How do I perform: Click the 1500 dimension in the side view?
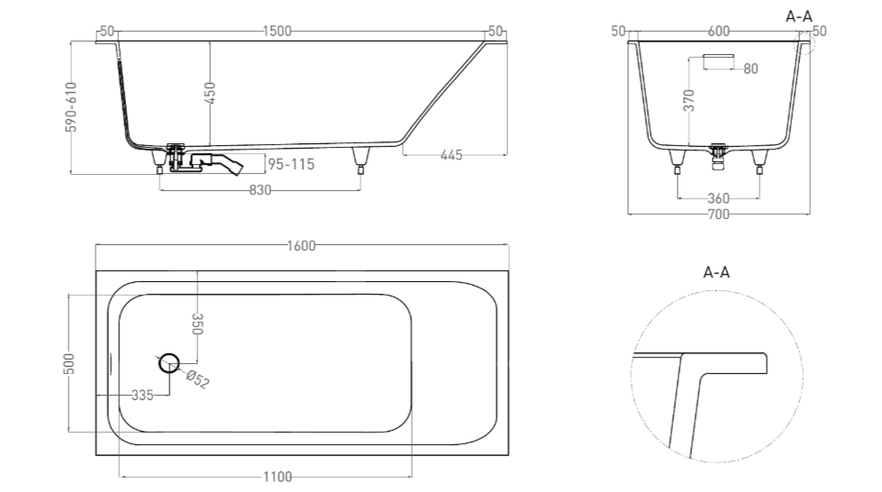coord(277,31)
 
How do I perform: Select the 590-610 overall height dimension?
coord(71,107)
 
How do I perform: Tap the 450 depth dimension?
coord(209,94)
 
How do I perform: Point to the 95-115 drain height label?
coord(291,164)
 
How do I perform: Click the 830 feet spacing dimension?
coord(260,190)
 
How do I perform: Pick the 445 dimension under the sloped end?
coord(451,155)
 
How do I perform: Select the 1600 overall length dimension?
coord(302,246)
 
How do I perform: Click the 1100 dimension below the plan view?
coord(277,478)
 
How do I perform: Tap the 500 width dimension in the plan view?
coord(68,364)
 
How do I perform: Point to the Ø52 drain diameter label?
coord(197,379)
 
